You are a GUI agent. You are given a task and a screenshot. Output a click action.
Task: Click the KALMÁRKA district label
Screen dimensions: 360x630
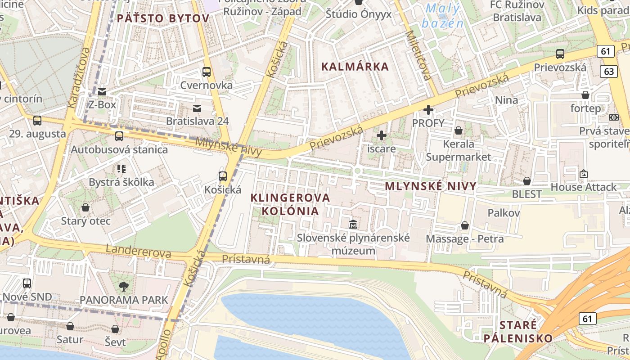coord(355,67)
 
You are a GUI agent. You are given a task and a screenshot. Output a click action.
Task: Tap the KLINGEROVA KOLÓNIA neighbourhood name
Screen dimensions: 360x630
coord(290,204)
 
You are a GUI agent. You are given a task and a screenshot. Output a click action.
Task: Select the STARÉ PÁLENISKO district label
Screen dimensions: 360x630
coord(519,331)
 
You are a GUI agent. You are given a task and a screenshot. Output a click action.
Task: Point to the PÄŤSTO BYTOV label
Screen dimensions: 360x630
coord(163,18)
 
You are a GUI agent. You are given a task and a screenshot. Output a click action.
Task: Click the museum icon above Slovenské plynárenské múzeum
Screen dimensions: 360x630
coord(353,224)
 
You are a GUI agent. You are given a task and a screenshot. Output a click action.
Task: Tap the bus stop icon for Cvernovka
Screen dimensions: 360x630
coord(207,72)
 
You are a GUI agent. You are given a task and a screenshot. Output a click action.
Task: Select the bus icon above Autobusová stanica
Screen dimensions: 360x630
coord(119,136)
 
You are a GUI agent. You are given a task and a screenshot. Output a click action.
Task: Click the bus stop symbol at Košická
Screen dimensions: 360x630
coord(223,176)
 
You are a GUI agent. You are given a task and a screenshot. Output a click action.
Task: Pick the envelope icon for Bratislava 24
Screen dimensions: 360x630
coord(197,108)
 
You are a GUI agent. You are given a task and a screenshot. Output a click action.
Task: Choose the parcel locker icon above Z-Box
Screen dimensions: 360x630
coord(102,92)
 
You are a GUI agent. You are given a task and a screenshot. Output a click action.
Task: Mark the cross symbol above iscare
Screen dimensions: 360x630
coord(382,135)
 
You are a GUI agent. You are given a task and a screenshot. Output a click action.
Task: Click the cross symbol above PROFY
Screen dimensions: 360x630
coord(428,109)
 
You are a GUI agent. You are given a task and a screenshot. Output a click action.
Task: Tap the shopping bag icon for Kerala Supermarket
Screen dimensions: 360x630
coord(458,131)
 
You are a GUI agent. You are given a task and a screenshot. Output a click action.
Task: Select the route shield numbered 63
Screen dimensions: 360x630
coord(609,71)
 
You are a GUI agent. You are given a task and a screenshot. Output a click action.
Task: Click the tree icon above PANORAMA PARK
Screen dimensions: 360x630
coord(123,286)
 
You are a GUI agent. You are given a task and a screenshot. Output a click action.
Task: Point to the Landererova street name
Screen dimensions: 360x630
coord(138,252)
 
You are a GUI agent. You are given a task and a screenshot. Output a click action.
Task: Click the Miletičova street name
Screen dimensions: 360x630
coord(418,55)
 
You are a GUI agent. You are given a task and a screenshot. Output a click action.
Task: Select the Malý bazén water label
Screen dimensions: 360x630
coord(444,16)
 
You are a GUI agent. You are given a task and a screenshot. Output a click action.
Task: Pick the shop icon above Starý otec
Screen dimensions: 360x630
coord(85,207)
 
